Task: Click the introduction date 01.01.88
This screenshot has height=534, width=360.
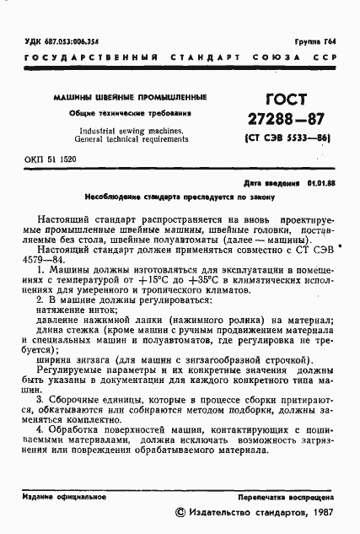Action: [321, 182]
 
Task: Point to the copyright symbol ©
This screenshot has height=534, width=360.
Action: [178, 512]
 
